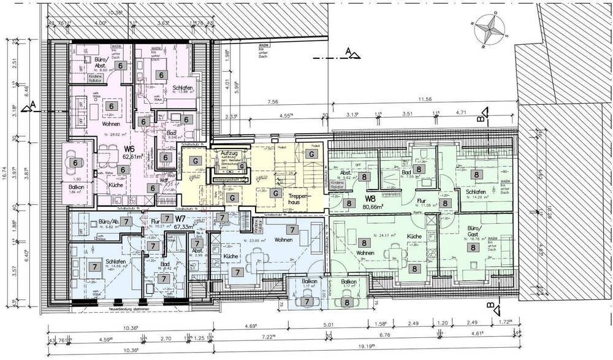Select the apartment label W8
click(370, 197)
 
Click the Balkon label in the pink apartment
click(75, 186)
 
